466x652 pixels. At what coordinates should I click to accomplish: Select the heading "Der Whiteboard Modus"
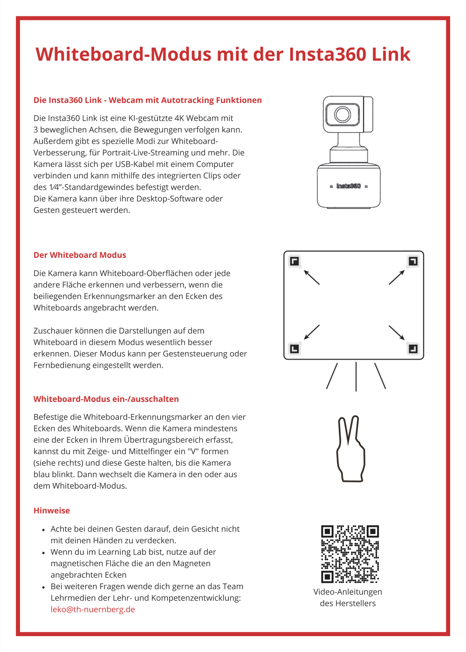[80, 255]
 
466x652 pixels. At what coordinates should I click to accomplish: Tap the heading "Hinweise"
[52, 511]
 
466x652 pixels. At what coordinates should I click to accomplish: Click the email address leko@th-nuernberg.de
[93, 610]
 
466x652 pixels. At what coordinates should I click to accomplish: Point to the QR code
[350, 554]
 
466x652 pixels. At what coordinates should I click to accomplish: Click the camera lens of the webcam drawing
[343, 114]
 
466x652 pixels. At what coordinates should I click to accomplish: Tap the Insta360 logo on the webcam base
[349, 186]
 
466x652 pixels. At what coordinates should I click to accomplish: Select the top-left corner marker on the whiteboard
[295, 261]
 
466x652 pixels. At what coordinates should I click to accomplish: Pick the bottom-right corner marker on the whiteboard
[413, 349]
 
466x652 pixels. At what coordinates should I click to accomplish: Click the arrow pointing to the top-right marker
[397, 277]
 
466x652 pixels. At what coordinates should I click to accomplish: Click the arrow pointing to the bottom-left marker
[312, 332]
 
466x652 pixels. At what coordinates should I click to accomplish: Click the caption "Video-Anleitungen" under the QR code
[348, 592]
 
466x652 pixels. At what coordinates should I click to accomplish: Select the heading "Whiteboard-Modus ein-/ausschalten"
[106, 399]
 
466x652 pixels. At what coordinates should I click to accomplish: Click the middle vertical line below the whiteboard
[356, 376]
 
